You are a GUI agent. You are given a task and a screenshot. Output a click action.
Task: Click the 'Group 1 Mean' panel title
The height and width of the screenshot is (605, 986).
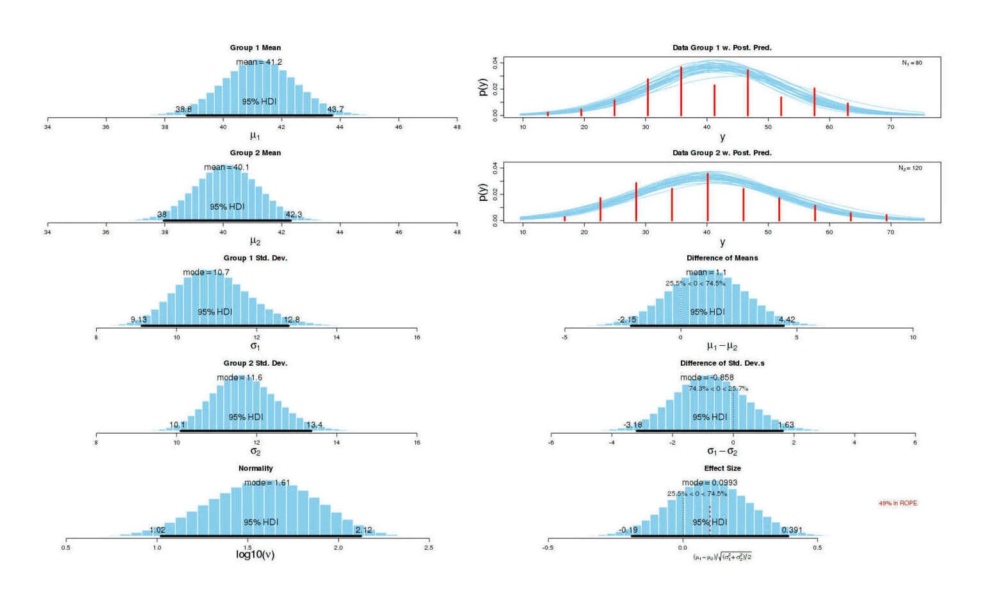click(255, 47)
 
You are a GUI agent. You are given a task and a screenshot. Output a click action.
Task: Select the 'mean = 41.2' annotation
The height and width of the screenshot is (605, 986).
click(259, 62)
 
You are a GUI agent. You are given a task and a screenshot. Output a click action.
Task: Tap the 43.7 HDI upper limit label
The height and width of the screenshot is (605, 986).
click(335, 109)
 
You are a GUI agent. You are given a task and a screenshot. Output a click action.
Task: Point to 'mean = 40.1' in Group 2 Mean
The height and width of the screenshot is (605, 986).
click(226, 167)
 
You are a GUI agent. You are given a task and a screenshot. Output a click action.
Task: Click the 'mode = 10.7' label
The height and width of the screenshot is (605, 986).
click(206, 273)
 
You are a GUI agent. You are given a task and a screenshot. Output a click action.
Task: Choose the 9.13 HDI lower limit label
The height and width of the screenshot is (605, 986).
click(138, 320)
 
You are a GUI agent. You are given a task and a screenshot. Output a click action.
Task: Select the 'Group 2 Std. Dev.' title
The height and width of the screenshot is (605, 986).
click(255, 363)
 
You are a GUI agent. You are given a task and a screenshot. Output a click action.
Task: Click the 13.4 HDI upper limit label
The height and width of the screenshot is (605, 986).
click(314, 425)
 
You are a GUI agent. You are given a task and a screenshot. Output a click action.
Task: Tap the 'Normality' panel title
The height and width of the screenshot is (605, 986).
click(255, 468)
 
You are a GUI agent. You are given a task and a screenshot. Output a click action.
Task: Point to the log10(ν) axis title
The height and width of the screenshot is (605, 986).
click(255, 554)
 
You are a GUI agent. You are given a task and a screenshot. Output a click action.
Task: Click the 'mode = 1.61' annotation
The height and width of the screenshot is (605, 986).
click(267, 482)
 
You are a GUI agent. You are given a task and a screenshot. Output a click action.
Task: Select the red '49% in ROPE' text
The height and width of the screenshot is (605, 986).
click(898, 503)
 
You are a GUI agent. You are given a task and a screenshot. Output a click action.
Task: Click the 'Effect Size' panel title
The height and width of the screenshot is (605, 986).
click(722, 468)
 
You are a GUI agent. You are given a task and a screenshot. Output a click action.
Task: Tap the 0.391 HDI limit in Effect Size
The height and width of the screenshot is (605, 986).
click(792, 530)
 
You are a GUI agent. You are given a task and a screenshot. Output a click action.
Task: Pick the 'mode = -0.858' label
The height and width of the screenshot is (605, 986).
click(706, 378)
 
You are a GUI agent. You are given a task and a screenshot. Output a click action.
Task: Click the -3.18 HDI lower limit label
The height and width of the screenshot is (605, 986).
click(632, 425)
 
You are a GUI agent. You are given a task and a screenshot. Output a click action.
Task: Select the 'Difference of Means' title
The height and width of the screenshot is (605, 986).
click(722, 258)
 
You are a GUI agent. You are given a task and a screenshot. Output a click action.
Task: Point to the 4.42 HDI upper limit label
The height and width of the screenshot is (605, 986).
click(787, 320)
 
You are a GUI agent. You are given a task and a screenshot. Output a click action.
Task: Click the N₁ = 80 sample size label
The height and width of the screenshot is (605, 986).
click(912, 63)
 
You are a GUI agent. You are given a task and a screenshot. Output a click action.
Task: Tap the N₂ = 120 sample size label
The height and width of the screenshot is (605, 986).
click(910, 168)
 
